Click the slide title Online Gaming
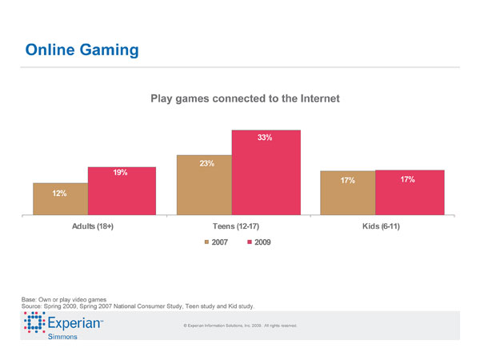pyautogui.click(x=82, y=50)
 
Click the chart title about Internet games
pyautogui.click(x=246, y=98)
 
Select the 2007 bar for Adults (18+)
pyautogui.click(x=60, y=199)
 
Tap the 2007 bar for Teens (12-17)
pyautogui.click(x=204, y=185)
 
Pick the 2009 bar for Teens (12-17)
pyautogui.click(x=266, y=172)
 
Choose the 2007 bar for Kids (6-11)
pyautogui.click(x=347, y=193)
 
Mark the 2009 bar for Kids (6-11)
pyautogui.click(x=409, y=193)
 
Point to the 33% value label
pyautogui.click(x=265, y=138)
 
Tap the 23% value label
pyautogui.click(x=206, y=164)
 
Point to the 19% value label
pyautogui.click(x=120, y=172)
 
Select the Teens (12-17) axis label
pyautogui.click(x=237, y=227)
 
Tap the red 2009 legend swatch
pyautogui.click(x=250, y=242)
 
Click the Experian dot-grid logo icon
pyautogui.click(x=34, y=324)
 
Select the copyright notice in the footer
pyautogui.click(x=240, y=326)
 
